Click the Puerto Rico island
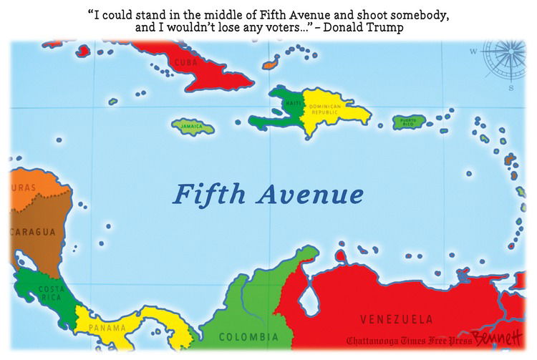(409, 121)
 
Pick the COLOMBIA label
(248, 336)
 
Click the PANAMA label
(107, 328)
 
